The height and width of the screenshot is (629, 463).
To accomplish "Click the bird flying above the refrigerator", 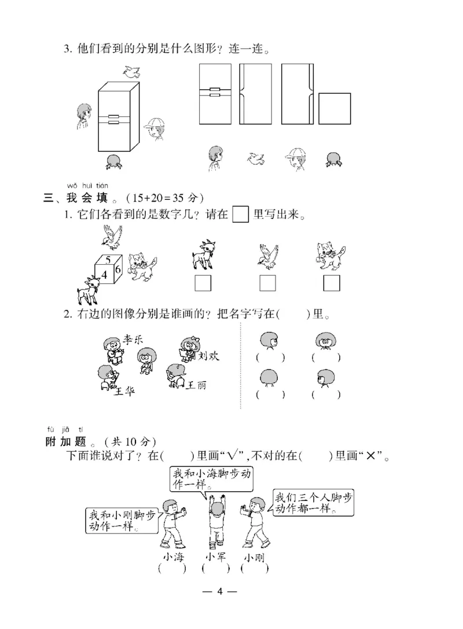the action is click(x=132, y=72).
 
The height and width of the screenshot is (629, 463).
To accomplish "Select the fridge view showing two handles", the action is click(x=215, y=94).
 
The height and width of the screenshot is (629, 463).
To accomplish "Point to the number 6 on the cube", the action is click(x=117, y=269).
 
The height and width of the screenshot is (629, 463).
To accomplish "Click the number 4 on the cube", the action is click(x=105, y=273).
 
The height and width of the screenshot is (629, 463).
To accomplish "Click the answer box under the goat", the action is click(x=203, y=283).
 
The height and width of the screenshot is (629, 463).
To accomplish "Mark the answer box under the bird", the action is click(x=267, y=283).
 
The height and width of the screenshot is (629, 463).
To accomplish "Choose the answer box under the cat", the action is click(x=332, y=283).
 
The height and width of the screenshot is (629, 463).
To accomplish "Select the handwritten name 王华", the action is click(x=123, y=392).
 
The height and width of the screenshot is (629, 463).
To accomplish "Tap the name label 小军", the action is click(x=215, y=557).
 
